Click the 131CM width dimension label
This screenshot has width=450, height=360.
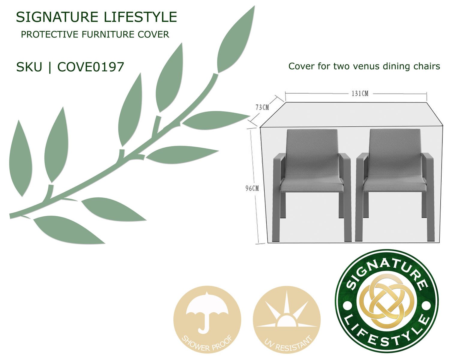pyautogui.click(x=360, y=93)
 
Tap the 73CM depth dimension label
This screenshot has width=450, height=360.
pyautogui.click(x=262, y=107)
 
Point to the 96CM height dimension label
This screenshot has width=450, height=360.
pyautogui.click(x=252, y=188)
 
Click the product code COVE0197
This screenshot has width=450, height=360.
pyautogui.click(x=91, y=67)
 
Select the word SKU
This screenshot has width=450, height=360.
pyautogui.click(x=29, y=67)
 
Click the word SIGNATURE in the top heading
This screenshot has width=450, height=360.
pyautogui.click(x=57, y=17)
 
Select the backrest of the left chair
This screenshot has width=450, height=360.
pyautogui.click(x=312, y=152)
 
